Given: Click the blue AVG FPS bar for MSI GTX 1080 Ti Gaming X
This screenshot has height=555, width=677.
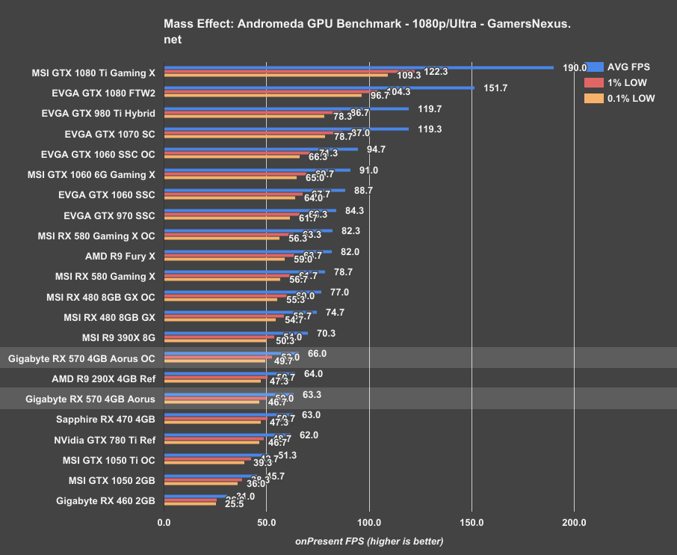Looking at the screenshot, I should click(359, 67).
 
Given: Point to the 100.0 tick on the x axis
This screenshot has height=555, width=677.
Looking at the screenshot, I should click(369, 523).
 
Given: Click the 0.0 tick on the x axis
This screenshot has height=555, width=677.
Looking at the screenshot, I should click(164, 523).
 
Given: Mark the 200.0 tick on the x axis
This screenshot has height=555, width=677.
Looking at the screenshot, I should click(574, 523).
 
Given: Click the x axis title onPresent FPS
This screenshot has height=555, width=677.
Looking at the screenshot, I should click(369, 541).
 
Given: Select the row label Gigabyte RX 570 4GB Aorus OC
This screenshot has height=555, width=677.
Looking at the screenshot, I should click(81, 358).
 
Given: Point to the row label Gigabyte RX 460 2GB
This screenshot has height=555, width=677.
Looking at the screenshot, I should click(105, 500).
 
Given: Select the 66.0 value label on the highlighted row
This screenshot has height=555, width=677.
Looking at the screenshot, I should click(317, 354).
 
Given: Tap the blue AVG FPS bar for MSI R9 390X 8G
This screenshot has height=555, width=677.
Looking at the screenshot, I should click(236, 333).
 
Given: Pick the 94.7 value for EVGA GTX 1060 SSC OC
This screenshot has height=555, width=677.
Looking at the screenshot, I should click(377, 150).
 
